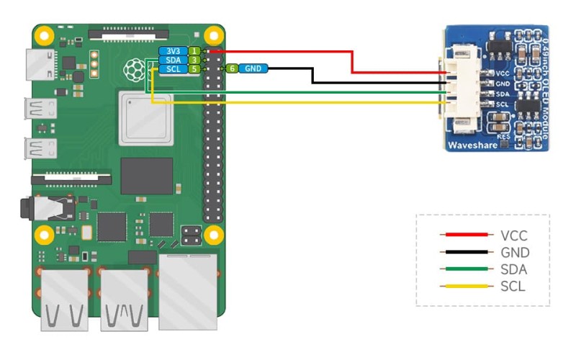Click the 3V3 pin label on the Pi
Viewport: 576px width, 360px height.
[173, 51]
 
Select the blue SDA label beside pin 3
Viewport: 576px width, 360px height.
[173, 60]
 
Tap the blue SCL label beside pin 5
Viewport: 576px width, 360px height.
[173, 69]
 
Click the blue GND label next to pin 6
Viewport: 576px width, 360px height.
[253, 68]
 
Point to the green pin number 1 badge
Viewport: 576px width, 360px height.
[194, 51]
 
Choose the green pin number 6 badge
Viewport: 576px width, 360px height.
[232, 68]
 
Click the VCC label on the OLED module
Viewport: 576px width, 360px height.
[503, 73]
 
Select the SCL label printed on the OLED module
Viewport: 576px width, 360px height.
[503, 104]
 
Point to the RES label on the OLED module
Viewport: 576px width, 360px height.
[503, 135]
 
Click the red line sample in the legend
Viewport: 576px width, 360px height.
[466, 235]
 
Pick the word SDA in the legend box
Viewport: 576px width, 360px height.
[513, 270]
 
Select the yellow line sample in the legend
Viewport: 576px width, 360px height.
[466, 287]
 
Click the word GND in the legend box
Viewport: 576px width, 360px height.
[514, 253]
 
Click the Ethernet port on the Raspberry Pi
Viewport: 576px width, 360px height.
[188, 291]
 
